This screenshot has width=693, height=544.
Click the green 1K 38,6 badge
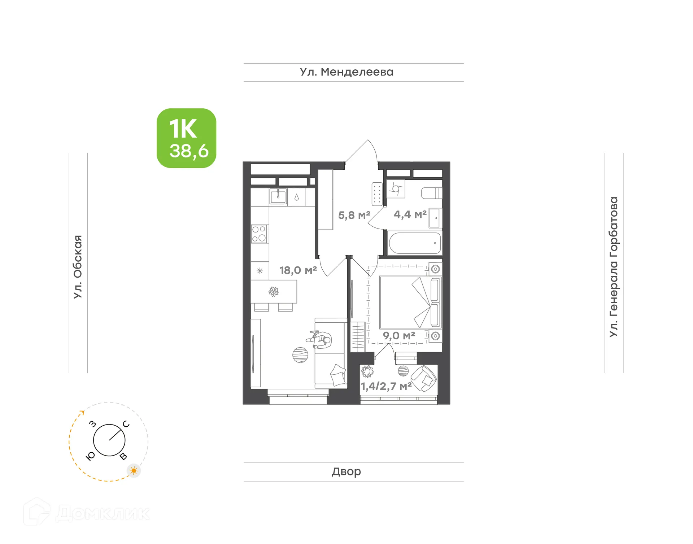click(x=186, y=138)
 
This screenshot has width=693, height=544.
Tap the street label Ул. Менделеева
click(x=346, y=72)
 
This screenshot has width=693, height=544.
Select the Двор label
click(x=346, y=471)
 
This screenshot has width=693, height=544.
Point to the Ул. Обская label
click(x=78, y=267)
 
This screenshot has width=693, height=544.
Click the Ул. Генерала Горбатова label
click(x=614, y=267)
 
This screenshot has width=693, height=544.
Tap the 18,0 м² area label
click(x=298, y=270)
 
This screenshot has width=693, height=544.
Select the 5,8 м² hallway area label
click(x=354, y=216)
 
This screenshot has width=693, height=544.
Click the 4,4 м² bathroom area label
click(x=410, y=214)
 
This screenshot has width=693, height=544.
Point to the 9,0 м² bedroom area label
click(x=399, y=336)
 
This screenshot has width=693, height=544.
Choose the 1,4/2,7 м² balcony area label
click(x=386, y=387)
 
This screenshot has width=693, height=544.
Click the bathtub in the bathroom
click(x=415, y=243)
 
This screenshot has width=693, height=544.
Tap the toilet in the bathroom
click(x=431, y=193)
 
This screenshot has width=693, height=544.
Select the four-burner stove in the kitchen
click(x=259, y=234)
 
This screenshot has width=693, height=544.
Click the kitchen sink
click(x=278, y=197)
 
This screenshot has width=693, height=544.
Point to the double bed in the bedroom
click(x=410, y=303)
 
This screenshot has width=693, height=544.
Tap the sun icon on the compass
click(x=134, y=471)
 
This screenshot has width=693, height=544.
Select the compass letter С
click(x=126, y=424)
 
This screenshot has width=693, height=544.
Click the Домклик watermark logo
click(x=87, y=513)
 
